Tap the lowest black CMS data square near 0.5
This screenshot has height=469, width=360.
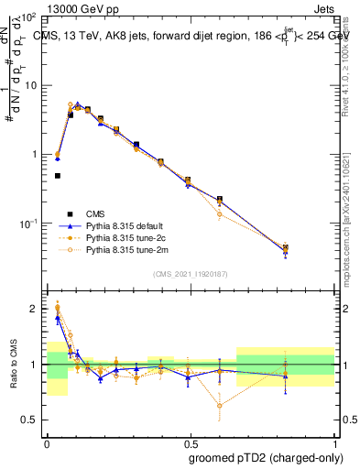pos(58,176)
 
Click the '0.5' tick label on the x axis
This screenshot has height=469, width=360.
pos(190,441)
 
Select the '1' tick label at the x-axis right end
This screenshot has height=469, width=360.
pos(333,441)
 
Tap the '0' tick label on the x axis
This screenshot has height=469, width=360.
pos(47,441)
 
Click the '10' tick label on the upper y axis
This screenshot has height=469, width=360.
pos(33,85)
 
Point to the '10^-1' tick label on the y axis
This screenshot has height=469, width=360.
pos(30,224)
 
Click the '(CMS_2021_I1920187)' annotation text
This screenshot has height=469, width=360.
pos(191,273)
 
